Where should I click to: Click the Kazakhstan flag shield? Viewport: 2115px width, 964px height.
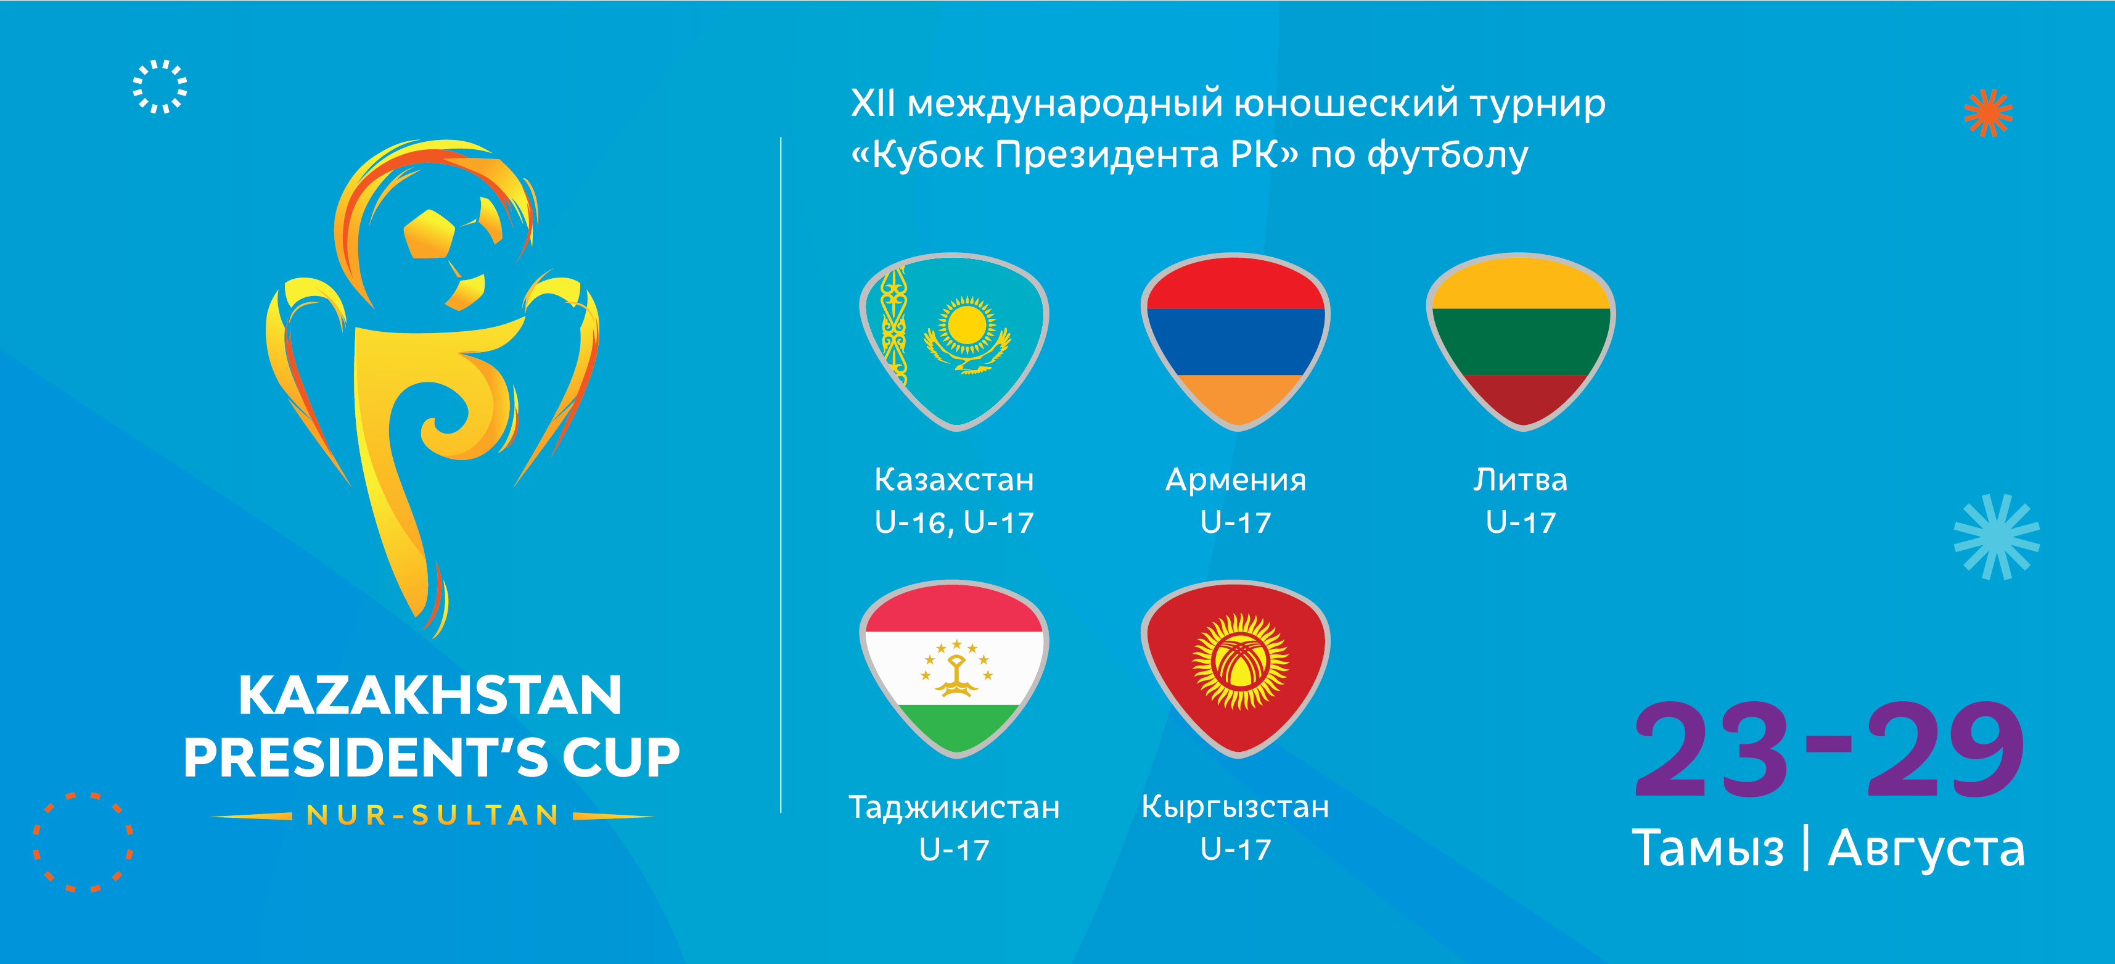tap(954, 342)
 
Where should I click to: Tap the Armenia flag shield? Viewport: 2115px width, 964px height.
tap(1236, 342)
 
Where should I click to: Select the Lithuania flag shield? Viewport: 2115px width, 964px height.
tap(1521, 342)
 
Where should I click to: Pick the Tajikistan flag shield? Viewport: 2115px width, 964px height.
tap(954, 669)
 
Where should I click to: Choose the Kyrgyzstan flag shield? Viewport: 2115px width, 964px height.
tap(1236, 669)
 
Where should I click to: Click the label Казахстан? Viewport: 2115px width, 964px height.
tap(954, 480)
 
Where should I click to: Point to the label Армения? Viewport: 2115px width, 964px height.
tap(1236, 480)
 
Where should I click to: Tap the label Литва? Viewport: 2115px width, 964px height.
tap(1521, 480)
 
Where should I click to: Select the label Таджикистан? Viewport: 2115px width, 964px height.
tap(954, 808)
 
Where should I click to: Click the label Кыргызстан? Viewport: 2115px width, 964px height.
tap(1236, 808)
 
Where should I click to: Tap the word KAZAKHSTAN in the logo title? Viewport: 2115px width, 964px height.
tap(430, 696)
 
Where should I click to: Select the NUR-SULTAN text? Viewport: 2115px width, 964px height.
tap(433, 815)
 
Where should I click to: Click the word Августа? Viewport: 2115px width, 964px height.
tap(1926, 850)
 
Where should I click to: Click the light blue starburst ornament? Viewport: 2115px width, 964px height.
tap(1997, 537)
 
